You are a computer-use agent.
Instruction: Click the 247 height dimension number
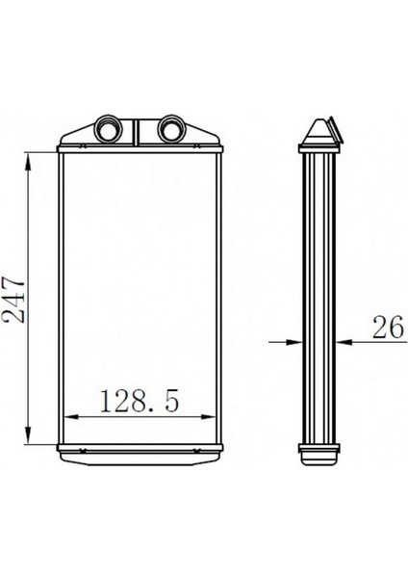click(x=14, y=302)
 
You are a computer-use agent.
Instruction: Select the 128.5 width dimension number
click(x=140, y=401)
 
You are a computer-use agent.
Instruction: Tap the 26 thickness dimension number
click(x=388, y=328)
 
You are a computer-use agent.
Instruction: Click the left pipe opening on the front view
click(x=109, y=129)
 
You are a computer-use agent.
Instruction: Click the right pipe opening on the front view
click(x=172, y=129)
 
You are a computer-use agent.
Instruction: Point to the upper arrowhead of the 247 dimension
click(x=28, y=161)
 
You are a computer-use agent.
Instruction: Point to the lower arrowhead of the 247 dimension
click(x=28, y=435)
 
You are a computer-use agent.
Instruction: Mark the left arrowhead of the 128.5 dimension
click(x=72, y=417)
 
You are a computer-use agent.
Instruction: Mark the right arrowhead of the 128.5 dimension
click(x=207, y=417)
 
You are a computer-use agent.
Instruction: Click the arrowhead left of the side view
click(x=293, y=342)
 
